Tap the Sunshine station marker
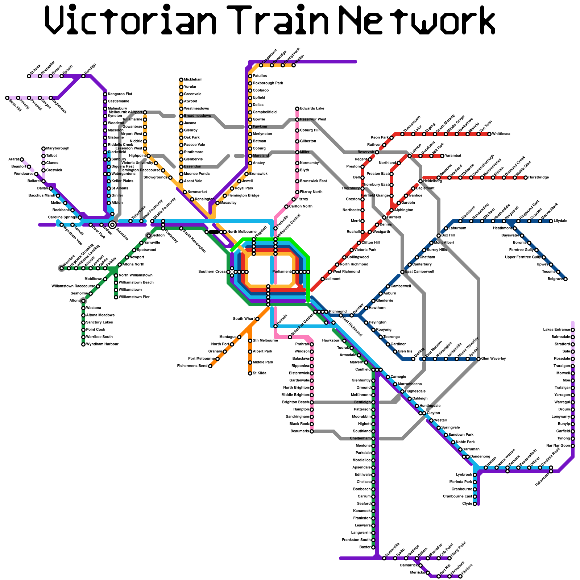112,225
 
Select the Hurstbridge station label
539,178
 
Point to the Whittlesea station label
501,134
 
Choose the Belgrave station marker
565,279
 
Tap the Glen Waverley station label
493,359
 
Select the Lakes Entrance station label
556,330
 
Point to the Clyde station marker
475,504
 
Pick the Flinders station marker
460,576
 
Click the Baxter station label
365,547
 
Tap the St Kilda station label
260,373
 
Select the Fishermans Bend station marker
210,366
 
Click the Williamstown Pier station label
134,297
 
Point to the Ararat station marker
22,159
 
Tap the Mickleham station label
193,80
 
